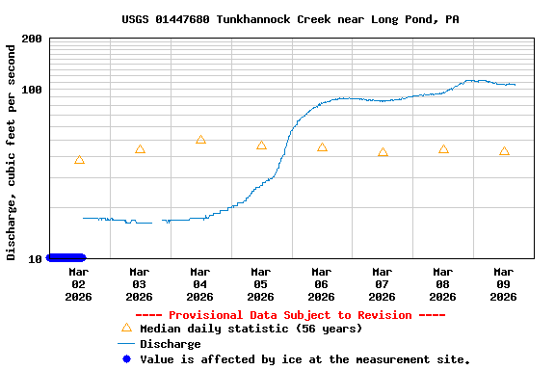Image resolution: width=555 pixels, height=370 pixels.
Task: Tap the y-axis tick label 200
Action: point(31,39)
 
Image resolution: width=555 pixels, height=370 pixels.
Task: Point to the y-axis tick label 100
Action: point(31,90)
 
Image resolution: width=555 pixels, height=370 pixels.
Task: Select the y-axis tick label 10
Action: point(35,258)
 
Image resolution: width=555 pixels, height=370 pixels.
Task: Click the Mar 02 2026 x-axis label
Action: point(79,284)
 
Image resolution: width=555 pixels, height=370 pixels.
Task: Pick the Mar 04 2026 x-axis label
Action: point(200,284)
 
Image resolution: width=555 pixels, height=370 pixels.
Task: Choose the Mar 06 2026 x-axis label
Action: point(322,284)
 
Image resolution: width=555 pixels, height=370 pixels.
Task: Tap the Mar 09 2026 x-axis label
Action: point(504,284)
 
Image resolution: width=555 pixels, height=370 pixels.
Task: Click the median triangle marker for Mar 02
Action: point(79,160)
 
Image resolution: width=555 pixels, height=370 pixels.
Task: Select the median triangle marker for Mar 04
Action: point(200,140)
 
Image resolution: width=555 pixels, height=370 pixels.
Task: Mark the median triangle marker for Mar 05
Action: point(261,145)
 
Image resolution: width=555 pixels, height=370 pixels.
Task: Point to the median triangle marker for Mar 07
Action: point(383,152)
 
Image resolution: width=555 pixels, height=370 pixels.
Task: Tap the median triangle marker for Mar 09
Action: point(504,151)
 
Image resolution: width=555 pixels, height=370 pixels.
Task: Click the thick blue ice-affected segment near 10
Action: point(66,257)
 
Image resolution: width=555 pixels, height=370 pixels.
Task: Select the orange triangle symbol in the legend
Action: point(125,329)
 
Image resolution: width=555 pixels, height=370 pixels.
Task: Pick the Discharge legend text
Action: point(171,344)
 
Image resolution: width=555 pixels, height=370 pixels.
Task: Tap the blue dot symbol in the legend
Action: point(125,359)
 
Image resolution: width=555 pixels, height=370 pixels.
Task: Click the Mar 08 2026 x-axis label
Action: point(443,284)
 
